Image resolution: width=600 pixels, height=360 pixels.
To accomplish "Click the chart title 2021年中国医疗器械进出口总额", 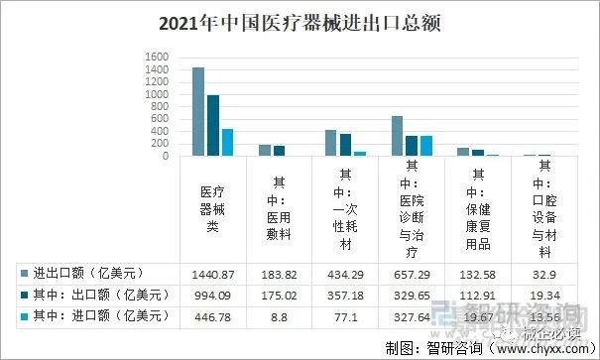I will (x=300, y=20).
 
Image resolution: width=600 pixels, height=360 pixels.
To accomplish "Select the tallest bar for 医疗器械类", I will (x=198, y=112).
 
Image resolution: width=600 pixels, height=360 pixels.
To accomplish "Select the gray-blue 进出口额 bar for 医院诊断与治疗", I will (x=397, y=136).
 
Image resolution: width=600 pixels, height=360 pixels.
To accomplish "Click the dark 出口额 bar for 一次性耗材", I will (x=345, y=145).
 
